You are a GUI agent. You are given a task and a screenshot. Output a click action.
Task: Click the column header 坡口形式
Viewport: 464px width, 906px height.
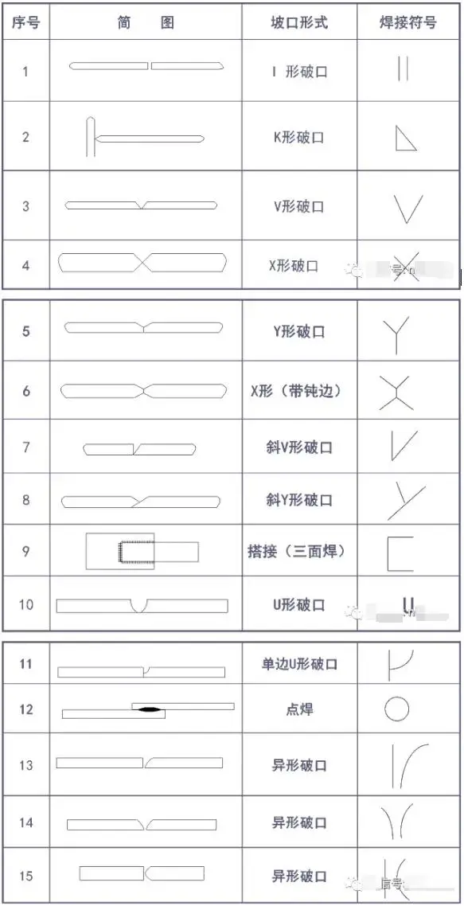[298, 22]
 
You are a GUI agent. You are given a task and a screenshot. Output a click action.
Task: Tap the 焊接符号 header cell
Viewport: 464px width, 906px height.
[407, 22]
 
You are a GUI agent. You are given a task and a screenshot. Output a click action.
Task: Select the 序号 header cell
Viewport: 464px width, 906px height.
[25, 22]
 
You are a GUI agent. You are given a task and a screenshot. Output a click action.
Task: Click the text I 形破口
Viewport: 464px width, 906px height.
[298, 72]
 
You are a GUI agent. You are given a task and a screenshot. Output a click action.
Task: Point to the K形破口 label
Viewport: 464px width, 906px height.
[298, 137]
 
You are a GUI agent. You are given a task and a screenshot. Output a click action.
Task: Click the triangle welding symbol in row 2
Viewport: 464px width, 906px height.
[406, 139]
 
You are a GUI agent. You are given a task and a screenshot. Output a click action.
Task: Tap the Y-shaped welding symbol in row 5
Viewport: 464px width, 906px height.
[405, 334]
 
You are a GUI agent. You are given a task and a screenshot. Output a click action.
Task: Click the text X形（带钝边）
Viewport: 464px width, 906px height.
[298, 391]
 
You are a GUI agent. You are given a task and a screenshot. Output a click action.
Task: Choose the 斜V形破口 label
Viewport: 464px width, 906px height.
[298, 447]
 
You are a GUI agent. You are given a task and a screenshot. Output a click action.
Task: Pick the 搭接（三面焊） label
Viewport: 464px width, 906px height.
[298, 550]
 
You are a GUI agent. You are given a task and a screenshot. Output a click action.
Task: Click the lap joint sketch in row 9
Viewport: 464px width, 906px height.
[142, 550]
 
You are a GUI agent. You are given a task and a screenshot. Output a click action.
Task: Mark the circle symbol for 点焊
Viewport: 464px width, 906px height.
[396, 709]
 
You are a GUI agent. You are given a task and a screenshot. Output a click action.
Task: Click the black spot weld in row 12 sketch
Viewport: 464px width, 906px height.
[149, 709]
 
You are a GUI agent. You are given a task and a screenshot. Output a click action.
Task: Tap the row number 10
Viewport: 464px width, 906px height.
[26, 604]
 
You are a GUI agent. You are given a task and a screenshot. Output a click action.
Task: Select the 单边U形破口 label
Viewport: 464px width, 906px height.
[298, 664]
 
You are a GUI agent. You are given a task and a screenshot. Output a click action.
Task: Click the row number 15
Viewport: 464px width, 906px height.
[26, 876]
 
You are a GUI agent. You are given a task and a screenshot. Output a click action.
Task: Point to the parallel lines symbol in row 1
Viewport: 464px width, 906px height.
[402, 69]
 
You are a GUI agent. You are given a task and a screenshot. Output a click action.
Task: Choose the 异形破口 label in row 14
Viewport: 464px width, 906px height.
[298, 822]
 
